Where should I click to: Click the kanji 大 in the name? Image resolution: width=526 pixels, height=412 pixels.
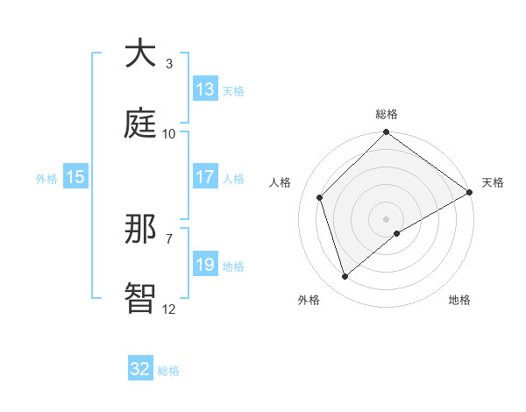140,53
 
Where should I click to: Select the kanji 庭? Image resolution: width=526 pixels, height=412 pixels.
140,124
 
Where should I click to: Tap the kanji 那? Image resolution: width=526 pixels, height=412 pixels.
140,229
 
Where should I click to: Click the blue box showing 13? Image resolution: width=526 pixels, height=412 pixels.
205,89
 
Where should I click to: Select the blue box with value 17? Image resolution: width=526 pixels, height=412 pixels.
205,177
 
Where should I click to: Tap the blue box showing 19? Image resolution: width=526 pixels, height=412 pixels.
205,265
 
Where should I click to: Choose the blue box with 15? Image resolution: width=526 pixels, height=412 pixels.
75,177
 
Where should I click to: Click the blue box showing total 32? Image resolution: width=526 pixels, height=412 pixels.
140,369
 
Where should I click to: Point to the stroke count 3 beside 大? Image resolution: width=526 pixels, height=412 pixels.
169,63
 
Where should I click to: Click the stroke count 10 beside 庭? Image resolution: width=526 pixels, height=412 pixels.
169,133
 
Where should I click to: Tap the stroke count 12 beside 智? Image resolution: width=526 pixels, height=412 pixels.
169,309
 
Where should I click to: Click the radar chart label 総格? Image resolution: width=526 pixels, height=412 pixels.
387,114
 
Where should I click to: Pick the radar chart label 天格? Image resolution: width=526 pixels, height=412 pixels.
493,182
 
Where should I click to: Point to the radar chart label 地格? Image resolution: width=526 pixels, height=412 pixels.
459,300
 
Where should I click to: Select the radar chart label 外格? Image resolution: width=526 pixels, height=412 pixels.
309,300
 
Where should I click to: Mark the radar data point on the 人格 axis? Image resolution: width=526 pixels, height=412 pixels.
320,197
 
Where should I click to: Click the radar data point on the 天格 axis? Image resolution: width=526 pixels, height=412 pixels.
470,192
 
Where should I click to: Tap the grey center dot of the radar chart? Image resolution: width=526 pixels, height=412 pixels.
387,218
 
